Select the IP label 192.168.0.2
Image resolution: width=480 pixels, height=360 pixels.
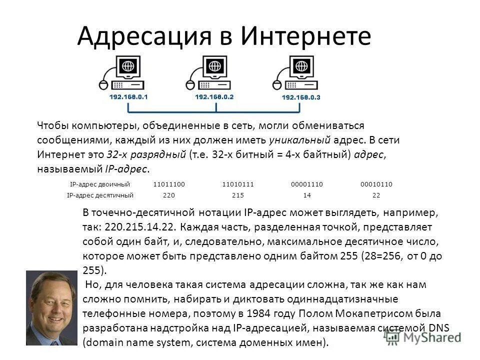click(x=214, y=96)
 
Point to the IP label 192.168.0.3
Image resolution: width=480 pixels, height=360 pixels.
click(x=301, y=96)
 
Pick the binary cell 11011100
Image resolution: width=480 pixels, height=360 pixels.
click(x=169, y=184)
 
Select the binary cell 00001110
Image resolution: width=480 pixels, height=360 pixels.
click(x=307, y=184)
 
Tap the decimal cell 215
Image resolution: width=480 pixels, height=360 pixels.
click(x=238, y=195)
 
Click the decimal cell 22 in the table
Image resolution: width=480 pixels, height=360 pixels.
click(x=376, y=195)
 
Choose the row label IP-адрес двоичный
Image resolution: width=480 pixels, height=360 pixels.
click(x=100, y=184)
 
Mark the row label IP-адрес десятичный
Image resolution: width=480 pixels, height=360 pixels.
click(x=100, y=195)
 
